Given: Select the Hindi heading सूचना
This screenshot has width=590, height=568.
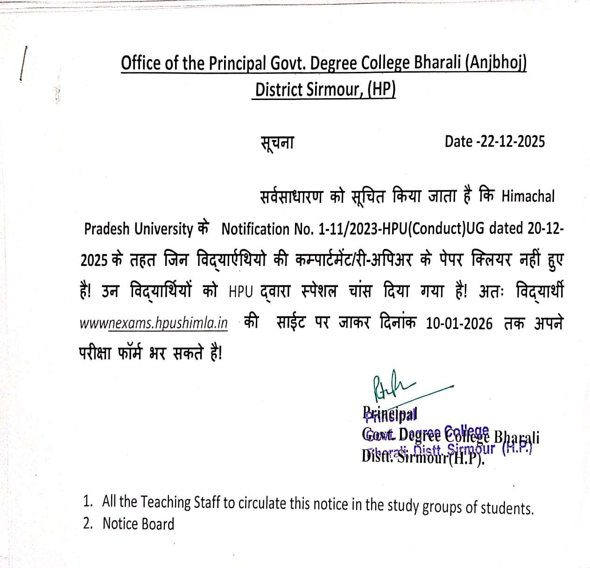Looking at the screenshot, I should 277,142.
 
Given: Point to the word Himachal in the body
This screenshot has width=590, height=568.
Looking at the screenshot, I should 528,197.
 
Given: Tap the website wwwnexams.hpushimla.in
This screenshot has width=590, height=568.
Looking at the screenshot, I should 154,323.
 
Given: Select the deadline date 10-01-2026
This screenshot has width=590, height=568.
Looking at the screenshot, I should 459,324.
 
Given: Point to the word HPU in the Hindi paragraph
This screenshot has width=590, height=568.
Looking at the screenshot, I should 240,292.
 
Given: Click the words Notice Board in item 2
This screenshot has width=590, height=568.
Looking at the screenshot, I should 138,524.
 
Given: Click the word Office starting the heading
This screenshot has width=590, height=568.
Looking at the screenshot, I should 141,63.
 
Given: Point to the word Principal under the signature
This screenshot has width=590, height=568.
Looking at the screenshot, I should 389,414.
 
